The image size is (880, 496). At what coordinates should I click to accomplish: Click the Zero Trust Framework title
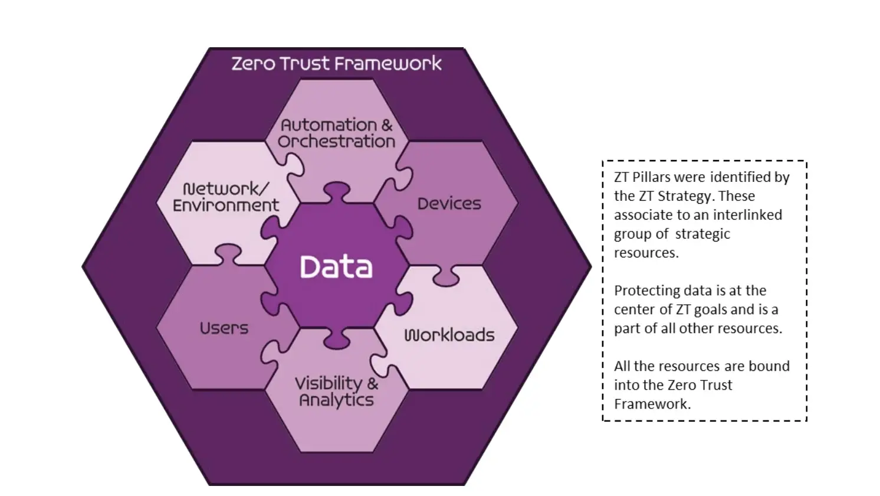[336, 63]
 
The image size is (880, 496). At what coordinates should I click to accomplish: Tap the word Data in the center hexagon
[336, 267]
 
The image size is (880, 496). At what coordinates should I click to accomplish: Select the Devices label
[449, 204]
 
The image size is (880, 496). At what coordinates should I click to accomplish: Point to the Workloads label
[449, 335]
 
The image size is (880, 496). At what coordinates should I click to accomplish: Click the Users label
[224, 328]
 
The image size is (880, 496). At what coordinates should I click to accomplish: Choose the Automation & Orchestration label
[336, 133]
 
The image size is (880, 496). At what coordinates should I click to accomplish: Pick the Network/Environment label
[226, 197]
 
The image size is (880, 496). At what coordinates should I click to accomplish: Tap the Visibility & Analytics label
[336, 391]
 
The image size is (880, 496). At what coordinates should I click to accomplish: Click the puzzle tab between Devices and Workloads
[446, 273]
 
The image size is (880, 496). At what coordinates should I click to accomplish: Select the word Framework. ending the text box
[652, 404]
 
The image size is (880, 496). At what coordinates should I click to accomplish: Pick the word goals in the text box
[718, 309]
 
